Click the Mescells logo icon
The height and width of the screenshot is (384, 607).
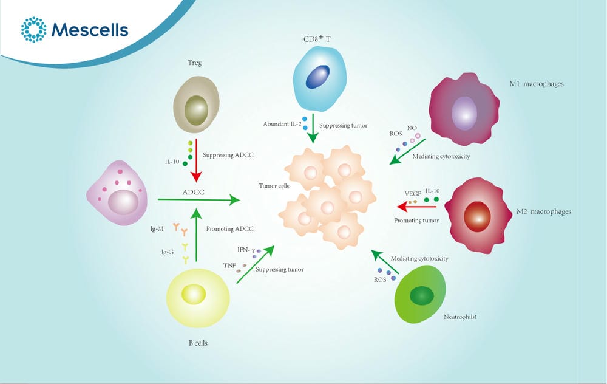pos(33,29)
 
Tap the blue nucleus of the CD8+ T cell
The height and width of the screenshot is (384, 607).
pos(318,77)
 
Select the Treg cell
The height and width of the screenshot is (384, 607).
pos(196,105)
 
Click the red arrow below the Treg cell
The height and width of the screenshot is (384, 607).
pos(196,160)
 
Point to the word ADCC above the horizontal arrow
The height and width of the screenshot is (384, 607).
pos(193,192)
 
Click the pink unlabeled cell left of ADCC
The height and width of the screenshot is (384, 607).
pos(117,193)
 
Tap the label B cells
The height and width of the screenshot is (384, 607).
pos(198,343)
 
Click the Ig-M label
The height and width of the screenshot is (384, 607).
pos(157,229)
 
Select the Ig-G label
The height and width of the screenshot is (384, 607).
pos(168,252)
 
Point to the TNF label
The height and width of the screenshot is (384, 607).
pos(229,266)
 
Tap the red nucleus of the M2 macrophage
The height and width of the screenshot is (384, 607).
pos(477,216)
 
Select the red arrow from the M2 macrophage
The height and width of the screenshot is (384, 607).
pos(416,207)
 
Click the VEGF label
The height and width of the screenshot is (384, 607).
pos(413,193)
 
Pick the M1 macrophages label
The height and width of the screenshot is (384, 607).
pos(537,84)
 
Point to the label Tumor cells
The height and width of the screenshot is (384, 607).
pos(274,186)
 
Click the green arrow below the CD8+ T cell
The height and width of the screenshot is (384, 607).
pos(313,128)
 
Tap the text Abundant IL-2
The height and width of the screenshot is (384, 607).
pos(282,125)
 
